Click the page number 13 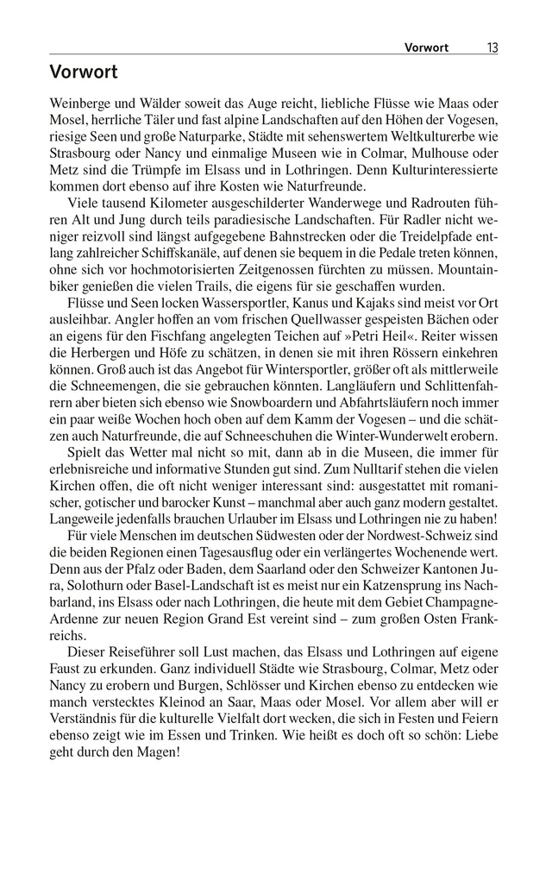(492, 47)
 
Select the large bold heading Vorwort (84, 72)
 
